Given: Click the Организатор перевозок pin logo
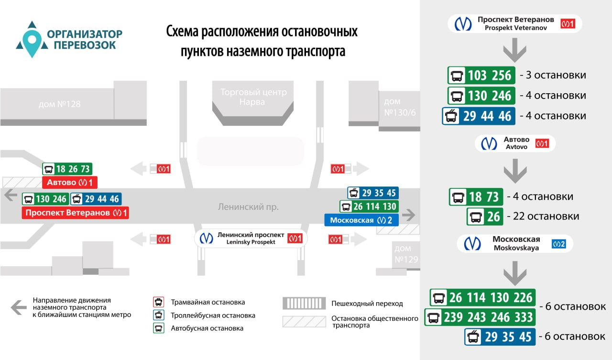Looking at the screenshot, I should click(x=32, y=40).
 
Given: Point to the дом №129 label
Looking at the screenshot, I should click(x=406, y=254).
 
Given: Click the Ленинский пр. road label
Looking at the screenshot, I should click(x=248, y=207).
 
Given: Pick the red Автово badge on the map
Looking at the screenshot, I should click(x=69, y=182).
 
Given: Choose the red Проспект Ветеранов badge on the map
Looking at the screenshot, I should click(x=75, y=213).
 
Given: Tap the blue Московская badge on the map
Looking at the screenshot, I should click(x=358, y=220).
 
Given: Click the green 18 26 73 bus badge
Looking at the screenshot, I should click(x=67, y=169).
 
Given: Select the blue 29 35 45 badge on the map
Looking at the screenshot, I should click(x=373, y=193).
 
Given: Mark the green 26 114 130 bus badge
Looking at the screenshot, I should click(x=369, y=207).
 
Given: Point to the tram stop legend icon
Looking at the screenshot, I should click(x=158, y=302).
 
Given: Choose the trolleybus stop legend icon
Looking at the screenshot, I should click(x=158, y=315).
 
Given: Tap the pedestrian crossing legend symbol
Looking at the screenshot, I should click(x=305, y=303).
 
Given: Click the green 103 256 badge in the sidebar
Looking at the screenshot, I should click(x=481, y=75).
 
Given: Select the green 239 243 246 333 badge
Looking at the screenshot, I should click(x=481, y=317).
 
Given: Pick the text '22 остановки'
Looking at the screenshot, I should click(x=546, y=216).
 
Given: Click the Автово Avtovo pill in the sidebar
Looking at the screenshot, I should click(x=515, y=143).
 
